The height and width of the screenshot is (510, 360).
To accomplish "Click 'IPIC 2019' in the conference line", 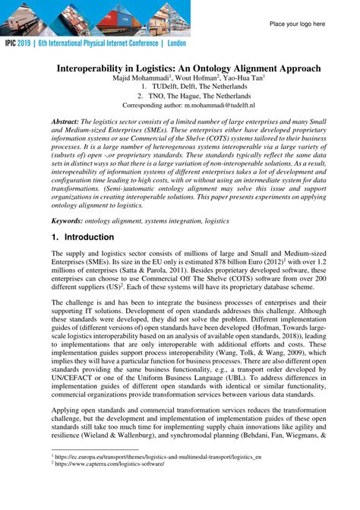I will tap(26, 45).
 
